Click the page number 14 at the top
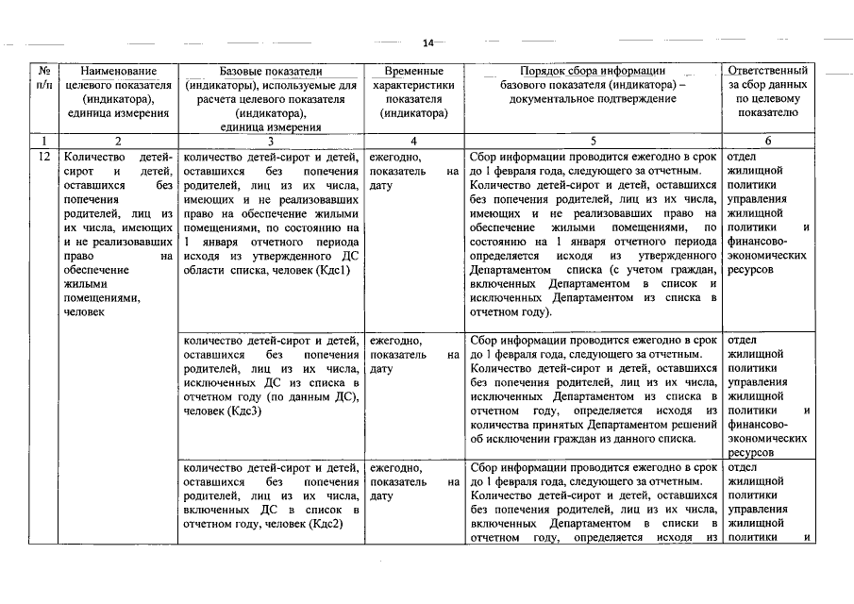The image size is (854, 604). coord(427,43)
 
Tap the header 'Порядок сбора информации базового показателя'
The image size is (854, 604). coord(593,84)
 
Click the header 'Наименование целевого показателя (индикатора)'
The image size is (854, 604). coord(118,92)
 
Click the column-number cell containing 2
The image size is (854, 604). coord(118,141)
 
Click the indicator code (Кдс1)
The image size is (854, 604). coord(335,271)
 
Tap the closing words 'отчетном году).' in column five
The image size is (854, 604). coord(510,312)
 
